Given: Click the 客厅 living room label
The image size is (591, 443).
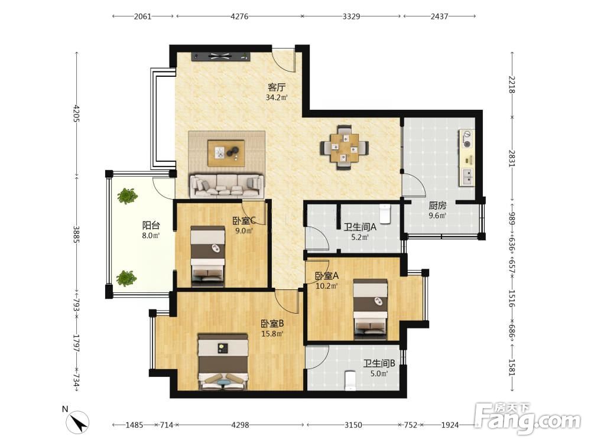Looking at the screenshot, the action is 277,87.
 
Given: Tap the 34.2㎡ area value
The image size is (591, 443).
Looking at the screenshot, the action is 277,97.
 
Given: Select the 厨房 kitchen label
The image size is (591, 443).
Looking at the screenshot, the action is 437,206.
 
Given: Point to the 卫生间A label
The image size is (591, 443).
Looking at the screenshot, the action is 360,227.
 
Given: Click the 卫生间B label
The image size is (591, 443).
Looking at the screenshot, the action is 379,363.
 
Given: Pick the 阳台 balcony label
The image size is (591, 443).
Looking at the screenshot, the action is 151,226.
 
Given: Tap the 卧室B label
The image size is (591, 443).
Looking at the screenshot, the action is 272,324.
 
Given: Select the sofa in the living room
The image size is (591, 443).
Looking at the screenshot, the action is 226,185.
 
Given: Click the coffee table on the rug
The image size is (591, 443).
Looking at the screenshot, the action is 226,152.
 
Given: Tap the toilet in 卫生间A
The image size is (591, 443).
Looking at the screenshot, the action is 385,214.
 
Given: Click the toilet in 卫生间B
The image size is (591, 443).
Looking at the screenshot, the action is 350,380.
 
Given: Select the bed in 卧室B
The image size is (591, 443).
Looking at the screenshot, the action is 223,362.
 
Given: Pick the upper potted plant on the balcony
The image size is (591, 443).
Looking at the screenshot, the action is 127,196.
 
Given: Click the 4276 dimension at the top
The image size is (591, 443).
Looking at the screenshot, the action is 239,16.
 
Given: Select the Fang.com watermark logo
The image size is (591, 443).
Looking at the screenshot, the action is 527,419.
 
